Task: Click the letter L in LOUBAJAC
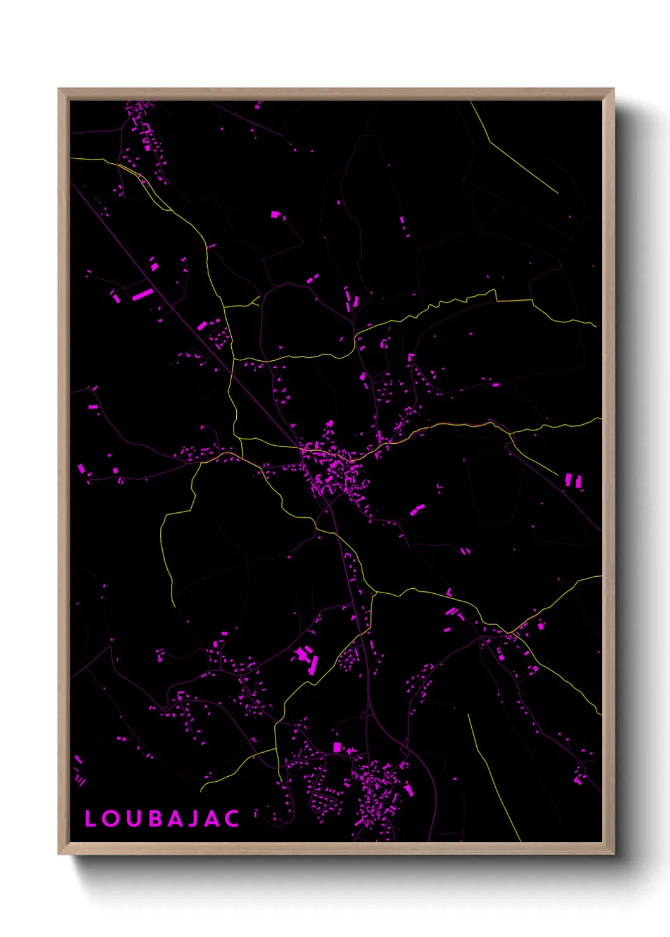tap(90, 819)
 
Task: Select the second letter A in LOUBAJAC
tap(213, 819)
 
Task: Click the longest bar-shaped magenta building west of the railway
tap(142, 294)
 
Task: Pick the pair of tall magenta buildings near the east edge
tap(573, 481)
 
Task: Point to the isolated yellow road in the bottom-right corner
tap(494, 779)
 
